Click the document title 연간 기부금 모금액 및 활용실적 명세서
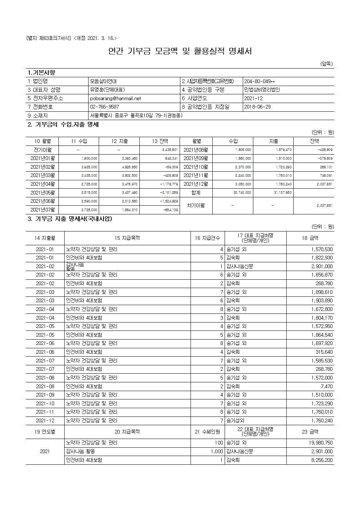[x=180, y=52]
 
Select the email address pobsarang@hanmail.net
[x=115, y=98]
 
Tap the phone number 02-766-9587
[x=105, y=107]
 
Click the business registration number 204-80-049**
[x=259, y=81]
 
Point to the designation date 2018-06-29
[x=257, y=107]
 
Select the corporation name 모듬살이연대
[x=103, y=81]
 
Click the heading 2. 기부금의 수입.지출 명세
[x=63, y=125]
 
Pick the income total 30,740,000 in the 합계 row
[x=242, y=193]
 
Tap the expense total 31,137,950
[x=282, y=193]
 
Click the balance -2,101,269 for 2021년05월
[x=169, y=193]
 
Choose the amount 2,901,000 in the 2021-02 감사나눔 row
[x=322, y=266]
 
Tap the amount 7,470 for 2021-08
[x=327, y=386]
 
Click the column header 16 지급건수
[x=207, y=238]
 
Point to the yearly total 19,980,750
[x=320, y=443]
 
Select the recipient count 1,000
[x=217, y=451]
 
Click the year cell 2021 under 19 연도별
[x=45, y=451]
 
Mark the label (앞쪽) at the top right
[x=326, y=64]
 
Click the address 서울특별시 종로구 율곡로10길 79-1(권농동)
[x=136, y=116]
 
